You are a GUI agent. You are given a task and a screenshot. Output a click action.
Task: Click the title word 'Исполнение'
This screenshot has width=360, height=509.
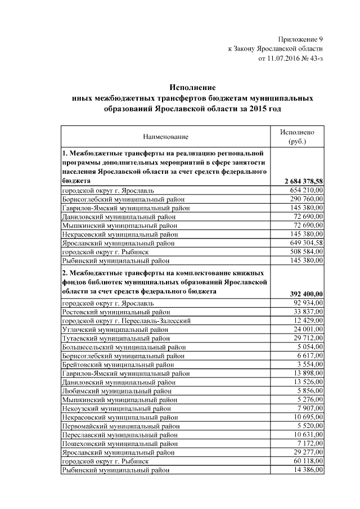[x=193, y=88]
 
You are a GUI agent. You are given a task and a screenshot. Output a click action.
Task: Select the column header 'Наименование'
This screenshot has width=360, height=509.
[x=165, y=137]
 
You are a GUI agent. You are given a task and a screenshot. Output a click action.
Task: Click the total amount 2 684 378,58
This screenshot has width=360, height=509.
[x=304, y=182]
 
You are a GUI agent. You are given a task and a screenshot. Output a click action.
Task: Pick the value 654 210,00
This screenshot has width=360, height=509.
[x=306, y=191]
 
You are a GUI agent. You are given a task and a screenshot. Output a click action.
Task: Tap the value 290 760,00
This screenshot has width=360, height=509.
[x=306, y=200]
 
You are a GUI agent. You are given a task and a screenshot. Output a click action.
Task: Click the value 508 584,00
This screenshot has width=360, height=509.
[x=306, y=252]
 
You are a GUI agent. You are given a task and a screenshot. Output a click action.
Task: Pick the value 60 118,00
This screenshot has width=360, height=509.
[x=308, y=461]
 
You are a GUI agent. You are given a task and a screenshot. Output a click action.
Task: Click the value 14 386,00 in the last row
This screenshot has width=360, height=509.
[x=308, y=470]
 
